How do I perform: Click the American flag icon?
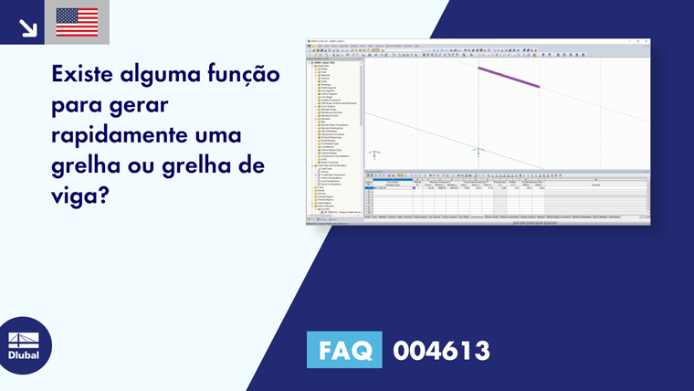[x=77, y=22]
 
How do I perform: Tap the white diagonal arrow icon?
[x=27, y=27]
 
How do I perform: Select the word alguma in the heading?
[x=170, y=72]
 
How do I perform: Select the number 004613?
[x=441, y=351]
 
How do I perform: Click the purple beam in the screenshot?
[x=508, y=77]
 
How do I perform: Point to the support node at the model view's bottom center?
[x=477, y=151]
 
